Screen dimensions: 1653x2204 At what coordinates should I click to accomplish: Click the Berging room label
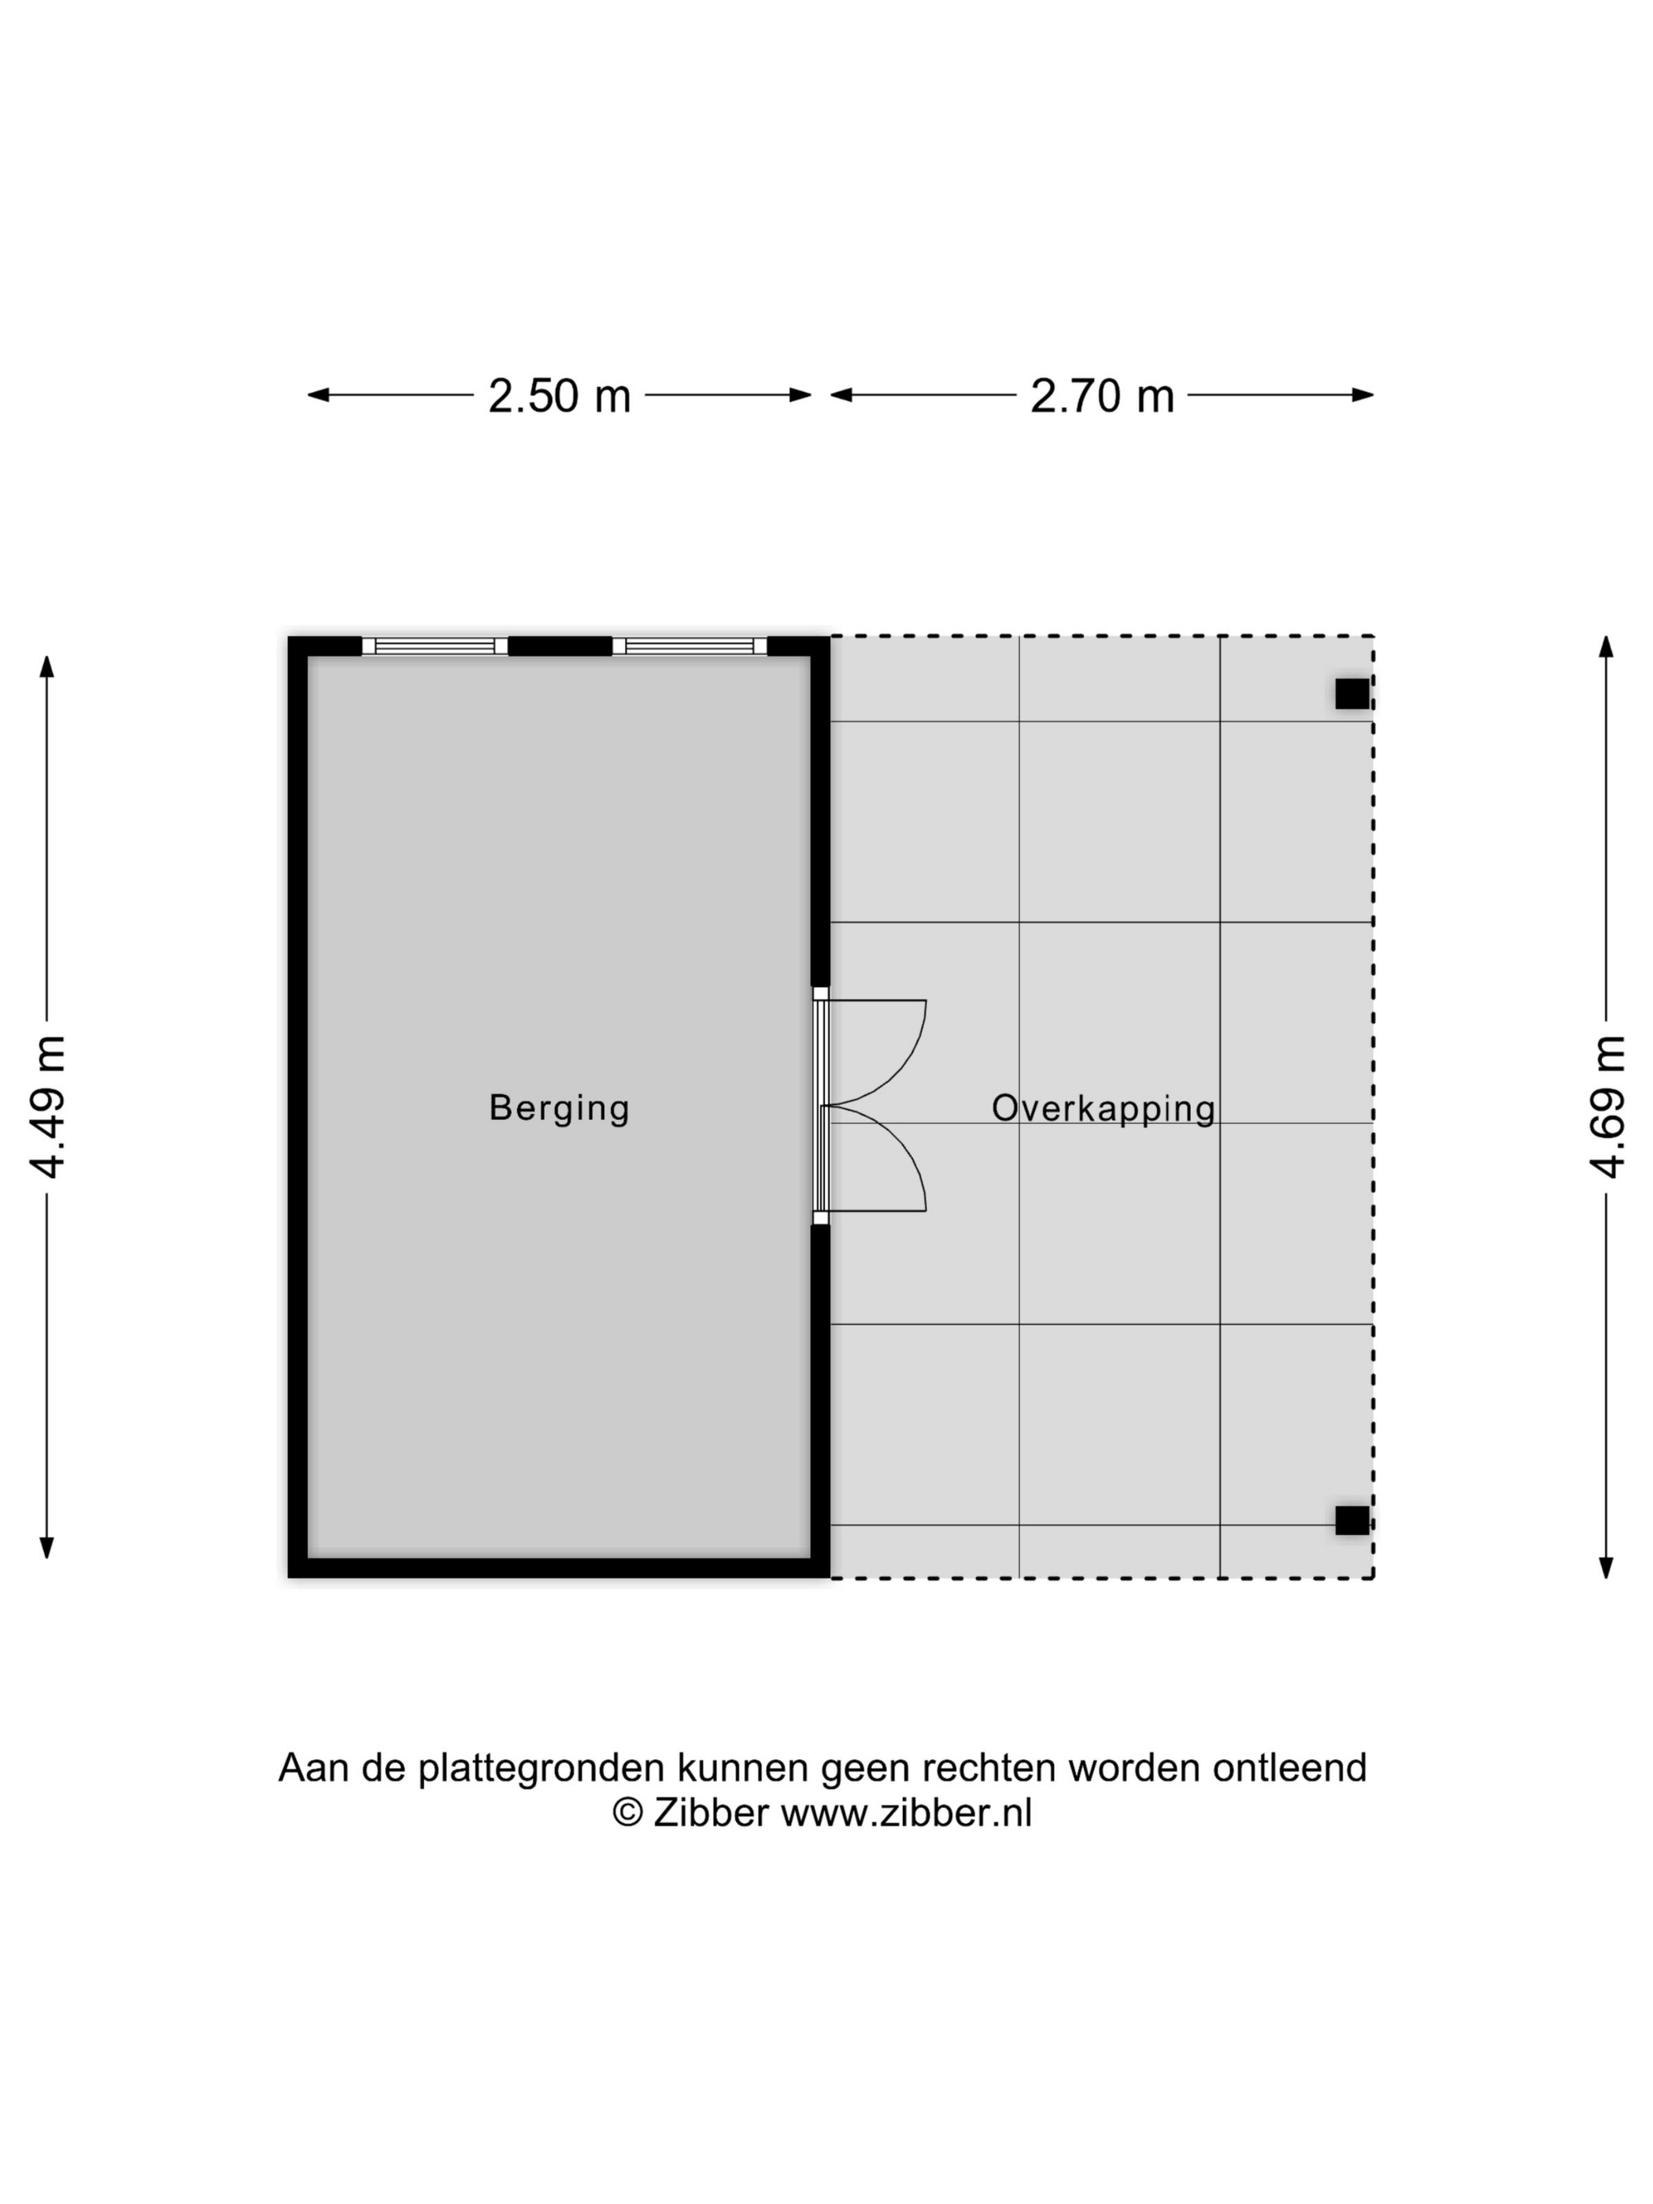[x=559, y=1108]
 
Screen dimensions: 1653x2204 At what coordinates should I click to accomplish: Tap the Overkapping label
[x=1103, y=1109]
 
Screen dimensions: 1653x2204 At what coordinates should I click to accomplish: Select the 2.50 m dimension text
[x=559, y=396]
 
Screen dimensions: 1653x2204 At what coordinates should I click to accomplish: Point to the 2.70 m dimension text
[x=1102, y=396]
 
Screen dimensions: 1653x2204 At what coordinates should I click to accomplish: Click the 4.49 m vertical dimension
[x=46, y=1107]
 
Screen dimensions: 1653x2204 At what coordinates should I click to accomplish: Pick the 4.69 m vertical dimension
[x=1607, y=1107]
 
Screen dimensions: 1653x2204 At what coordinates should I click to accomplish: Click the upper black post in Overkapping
[x=1352, y=693]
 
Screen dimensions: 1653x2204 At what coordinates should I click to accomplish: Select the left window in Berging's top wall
[x=435, y=645]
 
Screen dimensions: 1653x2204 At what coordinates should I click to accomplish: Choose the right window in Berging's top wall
[x=690, y=645]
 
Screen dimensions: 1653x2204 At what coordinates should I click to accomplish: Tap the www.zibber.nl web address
[x=906, y=1813]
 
